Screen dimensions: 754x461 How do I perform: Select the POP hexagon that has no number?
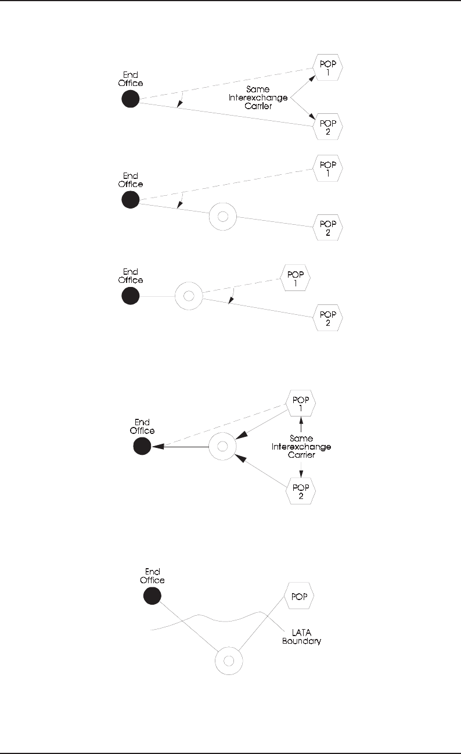(x=300, y=596)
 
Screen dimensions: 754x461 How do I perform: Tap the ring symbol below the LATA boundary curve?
(x=228, y=661)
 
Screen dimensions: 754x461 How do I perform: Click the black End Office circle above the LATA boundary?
(x=152, y=595)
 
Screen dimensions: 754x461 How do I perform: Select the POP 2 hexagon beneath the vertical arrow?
(x=301, y=492)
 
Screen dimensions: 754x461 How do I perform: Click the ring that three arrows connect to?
(x=221, y=447)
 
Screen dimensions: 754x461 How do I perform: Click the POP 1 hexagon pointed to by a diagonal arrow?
(x=327, y=67)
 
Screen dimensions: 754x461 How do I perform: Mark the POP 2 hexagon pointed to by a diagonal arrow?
(x=327, y=127)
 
